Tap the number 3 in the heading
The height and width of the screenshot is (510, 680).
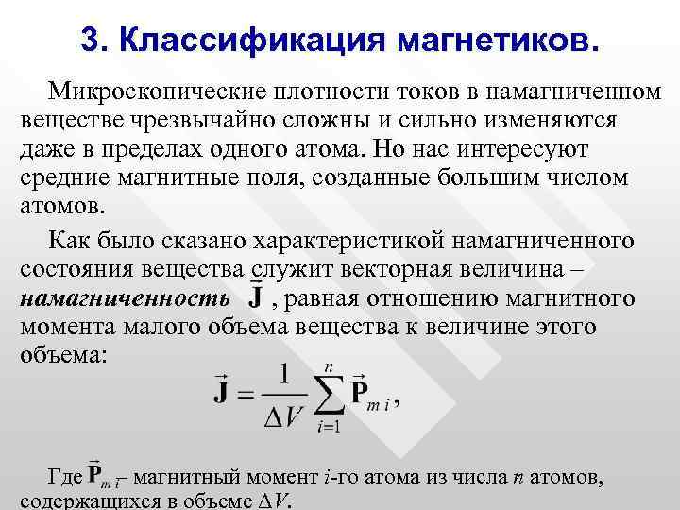click(x=91, y=40)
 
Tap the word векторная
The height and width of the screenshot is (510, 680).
click(x=399, y=271)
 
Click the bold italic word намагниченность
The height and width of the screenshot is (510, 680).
click(x=124, y=299)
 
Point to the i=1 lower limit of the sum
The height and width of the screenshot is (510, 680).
click(x=329, y=426)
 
